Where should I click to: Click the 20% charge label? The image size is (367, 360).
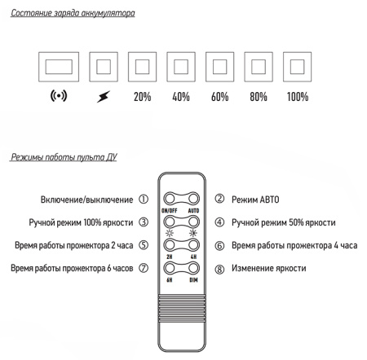[x=142, y=97]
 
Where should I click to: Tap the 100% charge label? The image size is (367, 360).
[x=298, y=97]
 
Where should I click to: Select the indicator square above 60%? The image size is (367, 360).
[x=219, y=67]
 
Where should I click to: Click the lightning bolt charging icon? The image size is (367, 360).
[x=104, y=96]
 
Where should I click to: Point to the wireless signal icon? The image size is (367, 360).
[x=59, y=95]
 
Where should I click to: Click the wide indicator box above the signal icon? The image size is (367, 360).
[x=59, y=67]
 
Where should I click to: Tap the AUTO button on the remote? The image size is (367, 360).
[x=193, y=199]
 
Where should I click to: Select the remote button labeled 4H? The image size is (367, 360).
[x=193, y=245]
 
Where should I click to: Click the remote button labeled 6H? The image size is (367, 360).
[x=170, y=268]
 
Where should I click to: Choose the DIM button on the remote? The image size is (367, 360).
[x=193, y=268]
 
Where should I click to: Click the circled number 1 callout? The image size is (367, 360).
[x=144, y=200]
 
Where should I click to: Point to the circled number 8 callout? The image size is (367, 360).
[x=219, y=270]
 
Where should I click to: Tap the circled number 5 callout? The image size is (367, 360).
[x=144, y=245]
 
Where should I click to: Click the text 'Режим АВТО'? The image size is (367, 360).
[x=255, y=200]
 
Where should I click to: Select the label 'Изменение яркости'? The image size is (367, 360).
[x=269, y=268]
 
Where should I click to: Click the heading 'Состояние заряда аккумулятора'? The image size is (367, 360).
[x=73, y=13]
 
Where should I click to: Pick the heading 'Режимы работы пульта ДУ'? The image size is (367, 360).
[x=64, y=157]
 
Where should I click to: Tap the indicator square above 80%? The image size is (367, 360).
[x=259, y=67]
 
